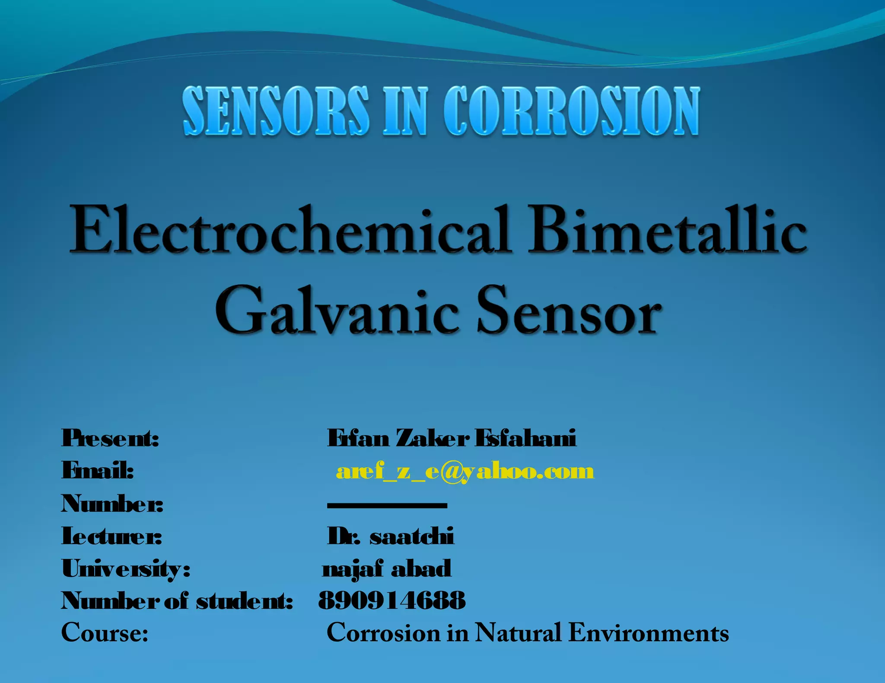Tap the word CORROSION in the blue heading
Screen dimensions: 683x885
tap(571, 111)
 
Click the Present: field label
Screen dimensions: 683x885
tap(110, 438)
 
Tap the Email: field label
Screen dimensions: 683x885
tap(98, 471)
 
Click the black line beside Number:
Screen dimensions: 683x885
tap(387, 505)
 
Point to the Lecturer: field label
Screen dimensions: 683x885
tap(111, 536)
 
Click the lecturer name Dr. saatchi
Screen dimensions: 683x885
tap(391, 536)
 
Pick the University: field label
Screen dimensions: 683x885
tap(126, 569)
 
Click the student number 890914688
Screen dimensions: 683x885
tap(392, 601)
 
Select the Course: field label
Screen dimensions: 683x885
tap(105, 633)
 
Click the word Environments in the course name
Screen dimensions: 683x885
tap(649, 633)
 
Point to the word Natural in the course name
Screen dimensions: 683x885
tap(518, 633)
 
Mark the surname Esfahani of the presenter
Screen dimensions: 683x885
tap(525, 438)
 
